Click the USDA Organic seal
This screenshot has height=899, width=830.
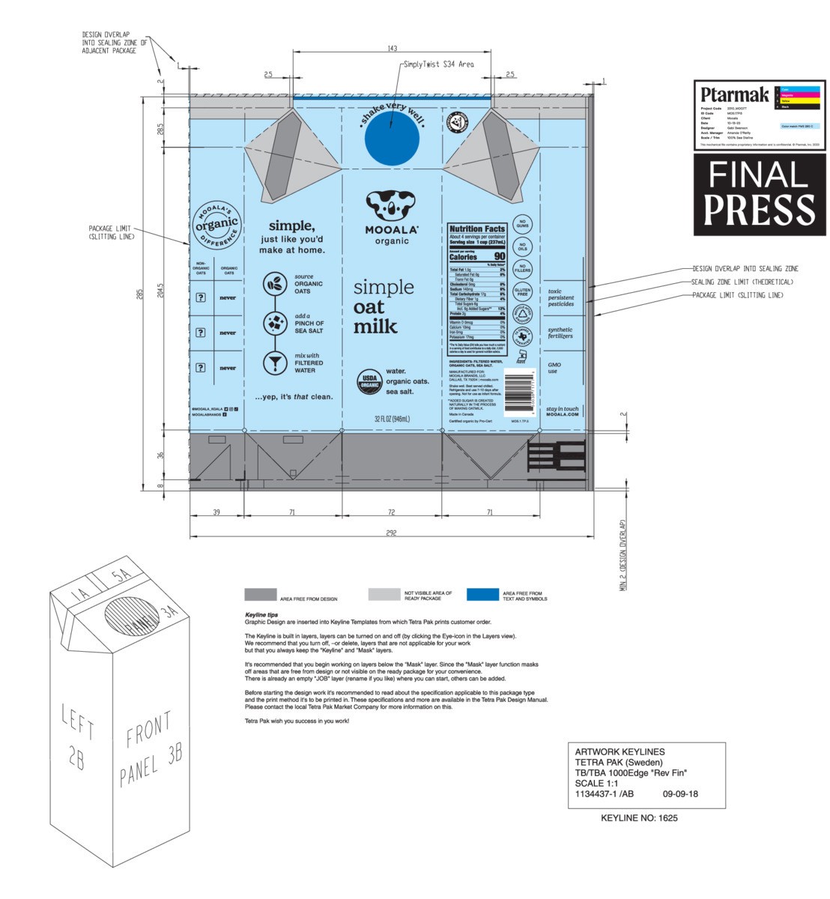(x=368, y=379)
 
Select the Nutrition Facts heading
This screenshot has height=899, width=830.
(x=477, y=228)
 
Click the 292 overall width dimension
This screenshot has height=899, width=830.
(x=391, y=533)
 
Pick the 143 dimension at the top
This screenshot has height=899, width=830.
(x=393, y=49)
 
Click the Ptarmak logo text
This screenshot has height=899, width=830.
(x=734, y=95)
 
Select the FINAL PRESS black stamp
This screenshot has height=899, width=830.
(x=759, y=195)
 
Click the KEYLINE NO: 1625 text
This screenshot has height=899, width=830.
(x=639, y=818)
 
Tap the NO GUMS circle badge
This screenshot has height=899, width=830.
(x=523, y=224)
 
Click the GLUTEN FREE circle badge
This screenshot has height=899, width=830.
(x=523, y=292)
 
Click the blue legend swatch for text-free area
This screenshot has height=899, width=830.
(x=482, y=595)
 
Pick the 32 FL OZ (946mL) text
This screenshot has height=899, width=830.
(x=392, y=419)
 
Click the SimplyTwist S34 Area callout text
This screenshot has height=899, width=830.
(x=438, y=65)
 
